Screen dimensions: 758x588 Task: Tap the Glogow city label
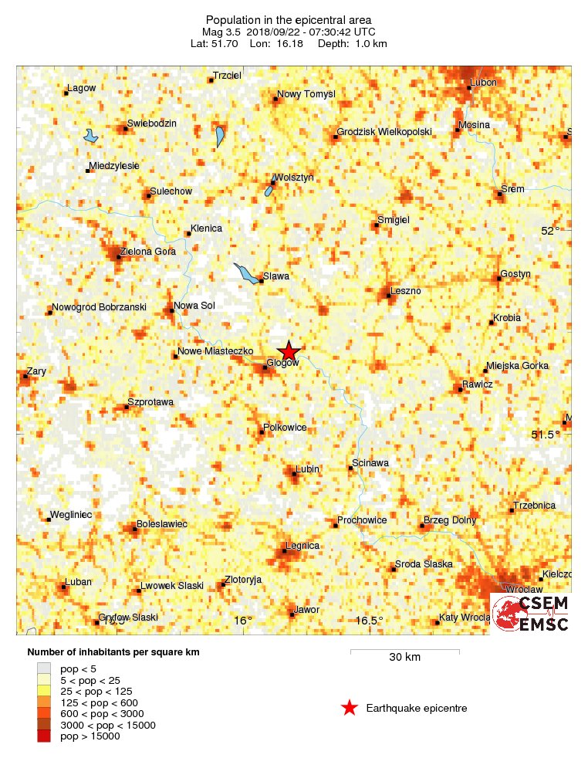click(x=282, y=363)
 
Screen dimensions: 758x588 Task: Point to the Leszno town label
click(x=406, y=290)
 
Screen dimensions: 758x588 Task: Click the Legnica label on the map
click(x=302, y=546)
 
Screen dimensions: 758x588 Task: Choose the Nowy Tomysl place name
click(x=306, y=94)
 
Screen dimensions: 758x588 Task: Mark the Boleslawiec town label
click(x=162, y=524)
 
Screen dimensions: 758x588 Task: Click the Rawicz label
click(x=477, y=384)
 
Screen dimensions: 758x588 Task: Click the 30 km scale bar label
click(x=404, y=658)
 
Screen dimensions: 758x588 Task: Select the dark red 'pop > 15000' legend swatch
click(x=44, y=736)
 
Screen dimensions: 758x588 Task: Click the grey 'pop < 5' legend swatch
click(x=44, y=668)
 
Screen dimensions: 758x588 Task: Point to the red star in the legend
click(x=350, y=708)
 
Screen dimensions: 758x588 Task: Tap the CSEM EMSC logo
click(x=531, y=613)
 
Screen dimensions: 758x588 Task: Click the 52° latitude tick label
click(x=550, y=231)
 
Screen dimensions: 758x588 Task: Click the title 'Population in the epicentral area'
click(x=289, y=19)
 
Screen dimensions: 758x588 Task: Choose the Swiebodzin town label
click(x=152, y=124)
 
